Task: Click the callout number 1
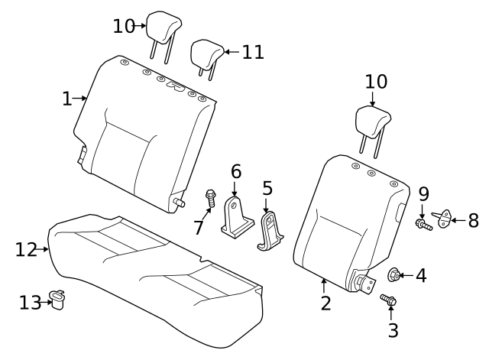(66, 99)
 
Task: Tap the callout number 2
(325, 303)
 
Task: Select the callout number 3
(393, 331)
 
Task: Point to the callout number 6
(235, 171)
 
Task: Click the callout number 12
(26, 249)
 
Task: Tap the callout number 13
(29, 303)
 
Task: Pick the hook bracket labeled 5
(269, 231)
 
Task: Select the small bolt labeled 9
(423, 224)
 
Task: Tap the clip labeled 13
(57, 297)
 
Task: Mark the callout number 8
(473, 221)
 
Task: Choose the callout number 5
(267, 187)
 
